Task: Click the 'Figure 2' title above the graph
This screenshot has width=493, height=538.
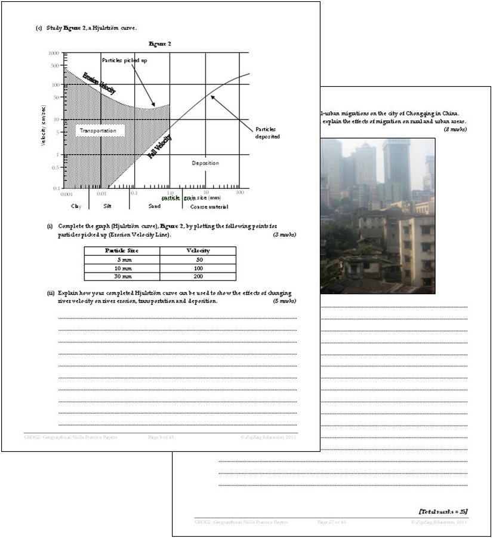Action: tap(159, 44)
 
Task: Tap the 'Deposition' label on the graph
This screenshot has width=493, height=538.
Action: tap(205, 163)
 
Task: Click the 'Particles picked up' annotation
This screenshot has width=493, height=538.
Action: tap(125, 60)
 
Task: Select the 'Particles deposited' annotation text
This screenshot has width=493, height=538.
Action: tap(267, 133)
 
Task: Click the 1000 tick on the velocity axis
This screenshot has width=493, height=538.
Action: tap(54, 53)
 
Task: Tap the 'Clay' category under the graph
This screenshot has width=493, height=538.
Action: tap(76, 206)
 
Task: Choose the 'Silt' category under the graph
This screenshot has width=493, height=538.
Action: tap(107, 206)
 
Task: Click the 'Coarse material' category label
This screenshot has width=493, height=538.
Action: tap(208, 206)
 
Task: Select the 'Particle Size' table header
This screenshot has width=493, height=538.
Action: tap(122, 250)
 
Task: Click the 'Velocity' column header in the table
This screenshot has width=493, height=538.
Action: tap(198, 250)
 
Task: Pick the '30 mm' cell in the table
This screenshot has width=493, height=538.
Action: tap(122, 276)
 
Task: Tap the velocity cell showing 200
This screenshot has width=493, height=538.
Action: tap(198, 276)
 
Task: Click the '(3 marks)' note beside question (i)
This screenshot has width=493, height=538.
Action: tap(285, 235)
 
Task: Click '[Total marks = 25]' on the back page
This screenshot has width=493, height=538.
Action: tap(443, 511)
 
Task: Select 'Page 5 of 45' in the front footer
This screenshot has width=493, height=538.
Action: tap(161, 438)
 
